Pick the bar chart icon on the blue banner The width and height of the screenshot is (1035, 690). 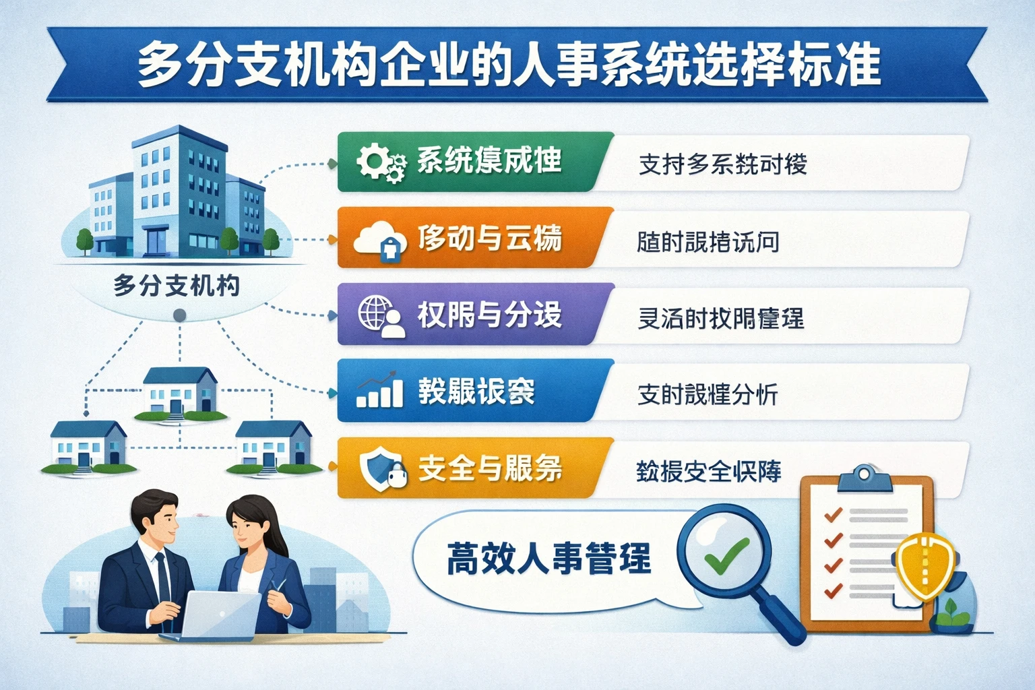(380, 391)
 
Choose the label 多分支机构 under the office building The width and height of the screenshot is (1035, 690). (177, 286)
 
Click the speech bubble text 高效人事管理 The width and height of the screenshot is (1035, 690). (548, 559)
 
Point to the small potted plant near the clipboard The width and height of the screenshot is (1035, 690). (951, 610)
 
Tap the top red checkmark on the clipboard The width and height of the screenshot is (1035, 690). (834, 515)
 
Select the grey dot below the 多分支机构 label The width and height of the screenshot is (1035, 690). (179, 315)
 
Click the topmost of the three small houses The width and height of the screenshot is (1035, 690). (179, 391)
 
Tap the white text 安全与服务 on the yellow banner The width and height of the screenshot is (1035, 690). (490, 468)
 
